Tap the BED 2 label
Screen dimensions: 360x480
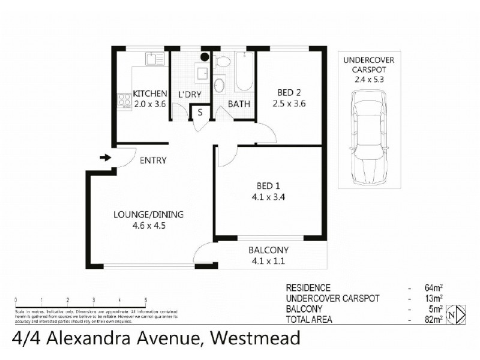(x=289, y=92)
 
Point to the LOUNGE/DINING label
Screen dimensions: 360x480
(x=149, y=215)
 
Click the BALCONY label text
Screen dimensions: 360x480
(x=269, y=250)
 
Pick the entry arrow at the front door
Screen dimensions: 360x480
(x=105, y=158)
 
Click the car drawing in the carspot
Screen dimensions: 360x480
(x=368, y=139)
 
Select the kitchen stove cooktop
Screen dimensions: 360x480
(x=125, y=101)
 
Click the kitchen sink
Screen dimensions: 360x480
(x=155, y=58)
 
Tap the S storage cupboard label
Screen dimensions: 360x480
(x=200, y=112)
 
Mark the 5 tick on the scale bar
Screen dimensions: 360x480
(x=146, y=299)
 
